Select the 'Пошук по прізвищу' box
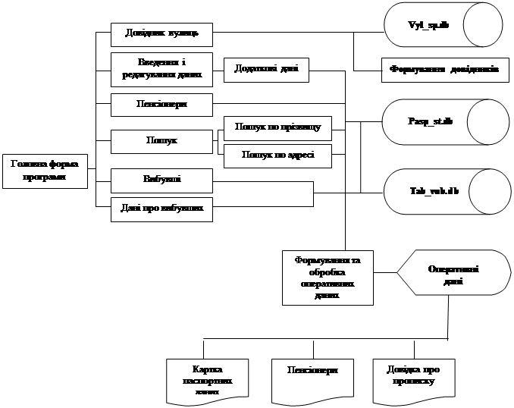click(277, 127)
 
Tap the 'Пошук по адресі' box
click(277, 155)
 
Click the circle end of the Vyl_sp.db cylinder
click(483, 26)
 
